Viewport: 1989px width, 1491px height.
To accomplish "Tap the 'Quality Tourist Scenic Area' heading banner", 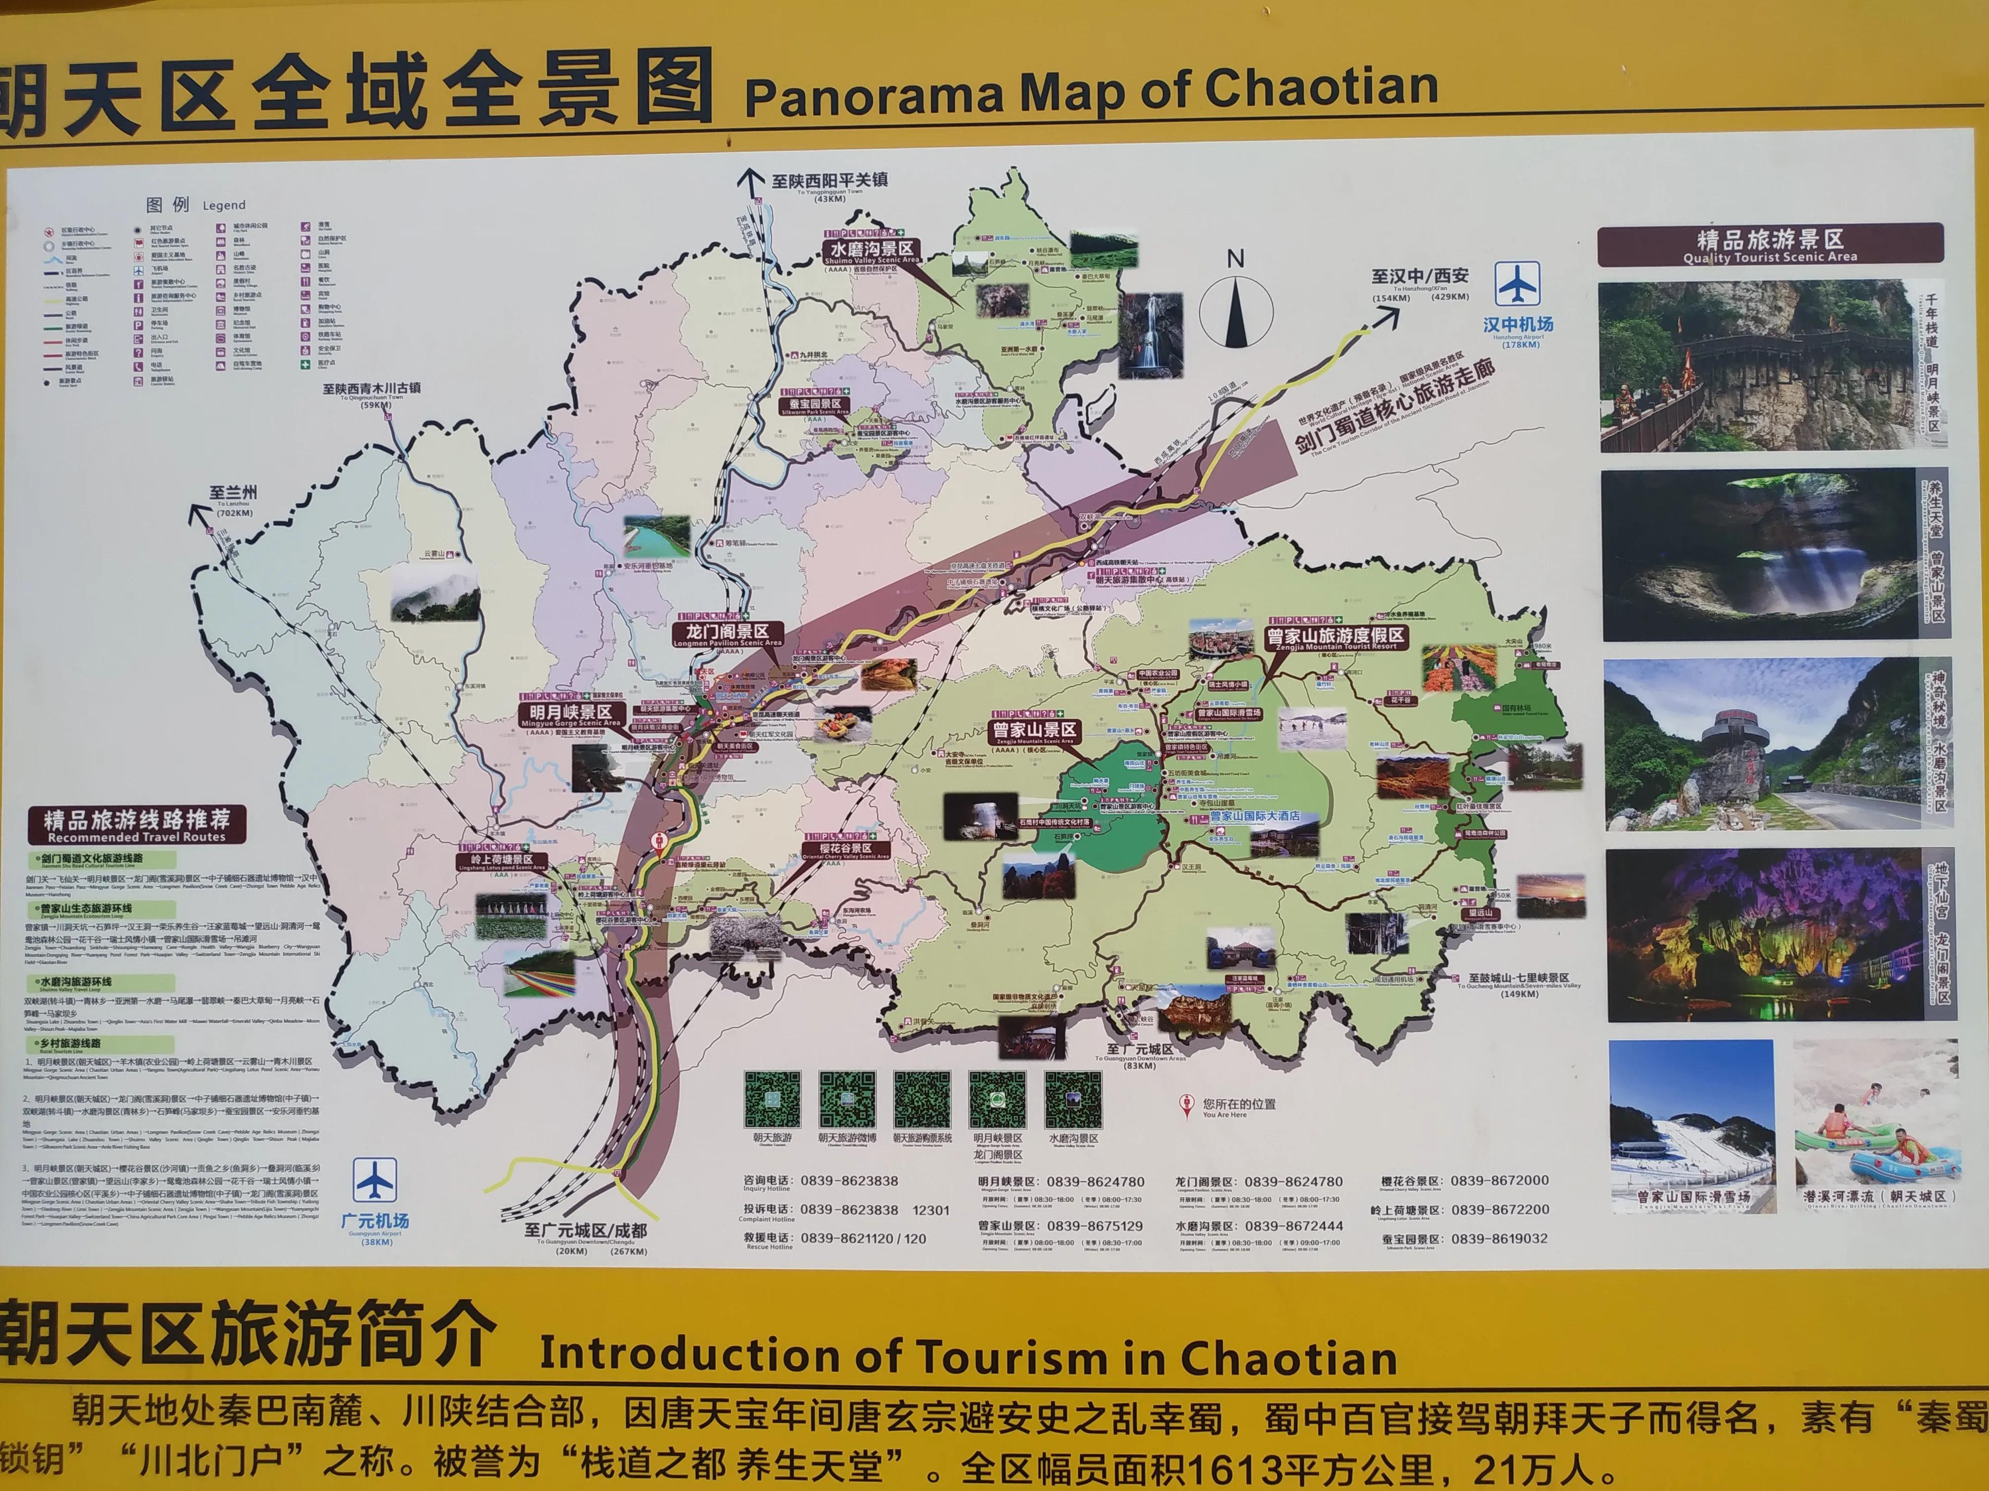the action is [1769, 245].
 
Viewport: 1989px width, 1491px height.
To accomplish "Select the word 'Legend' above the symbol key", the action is [224, 206].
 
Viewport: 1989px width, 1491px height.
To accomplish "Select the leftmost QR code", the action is [772, 1099].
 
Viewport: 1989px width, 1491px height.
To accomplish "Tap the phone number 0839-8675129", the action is [1094, 1226].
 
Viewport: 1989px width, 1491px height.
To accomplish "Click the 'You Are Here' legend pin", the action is [1187, 1105].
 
